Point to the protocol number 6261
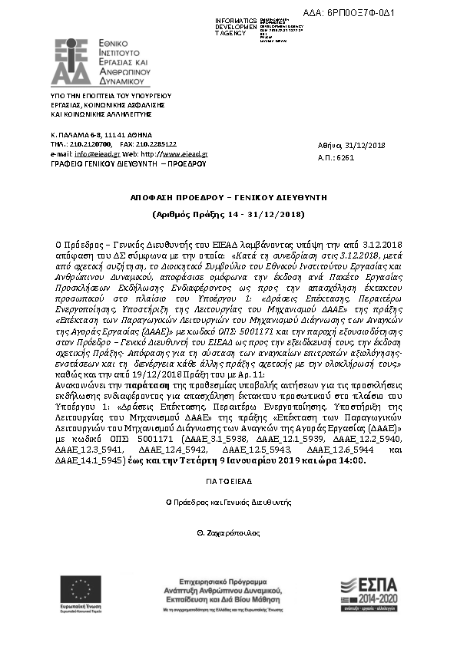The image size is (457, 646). tap(345, 157)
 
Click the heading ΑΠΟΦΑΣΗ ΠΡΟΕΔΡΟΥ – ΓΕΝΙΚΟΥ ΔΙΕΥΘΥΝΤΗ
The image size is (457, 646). tap(228, 197)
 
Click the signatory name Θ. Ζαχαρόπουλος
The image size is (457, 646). tap(228, 532)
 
